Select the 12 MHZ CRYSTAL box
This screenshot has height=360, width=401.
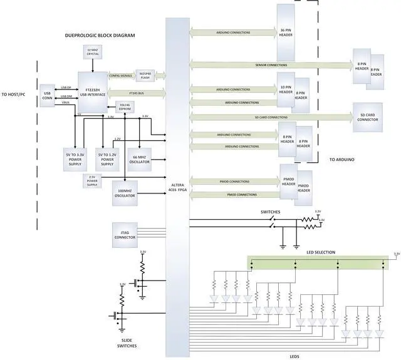(x=93, y=53)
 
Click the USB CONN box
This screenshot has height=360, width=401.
(x=48, y=98)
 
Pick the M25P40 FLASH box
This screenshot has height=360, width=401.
(x=145, y=75)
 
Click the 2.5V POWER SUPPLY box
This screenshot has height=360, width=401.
(x=93, y=180)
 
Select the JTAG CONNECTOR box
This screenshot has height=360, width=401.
(x=124, y=235)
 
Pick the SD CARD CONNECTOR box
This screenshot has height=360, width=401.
(x=368, y=116)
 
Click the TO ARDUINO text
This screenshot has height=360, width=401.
(x=341, y=160)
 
